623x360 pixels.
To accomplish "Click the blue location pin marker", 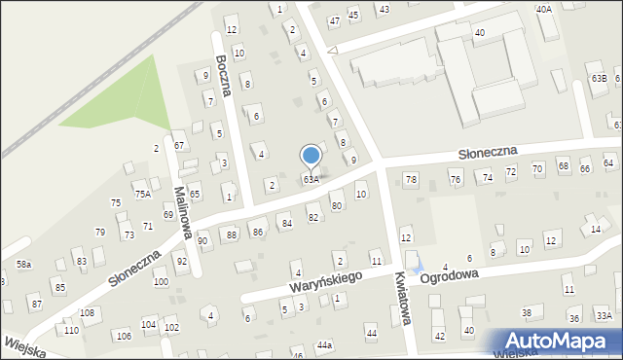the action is click(311, 156).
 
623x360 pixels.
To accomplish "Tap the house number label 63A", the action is click(311, 180).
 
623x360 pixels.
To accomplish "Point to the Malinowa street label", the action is click(180, 204).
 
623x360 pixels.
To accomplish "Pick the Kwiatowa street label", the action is click(402, 306).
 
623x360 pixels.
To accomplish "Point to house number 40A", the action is click(543, 9).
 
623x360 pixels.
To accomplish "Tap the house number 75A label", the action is click(143, 195).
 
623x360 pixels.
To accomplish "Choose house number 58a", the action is click(23, 265).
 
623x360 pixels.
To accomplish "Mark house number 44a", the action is click(324, 344).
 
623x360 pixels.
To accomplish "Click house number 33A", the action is click(604, 315).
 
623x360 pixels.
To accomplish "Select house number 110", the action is click(71, 331).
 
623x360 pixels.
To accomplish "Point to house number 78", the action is click(411, 180).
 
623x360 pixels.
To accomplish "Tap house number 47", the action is click(334, 20).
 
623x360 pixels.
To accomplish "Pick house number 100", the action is click(161, 282).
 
